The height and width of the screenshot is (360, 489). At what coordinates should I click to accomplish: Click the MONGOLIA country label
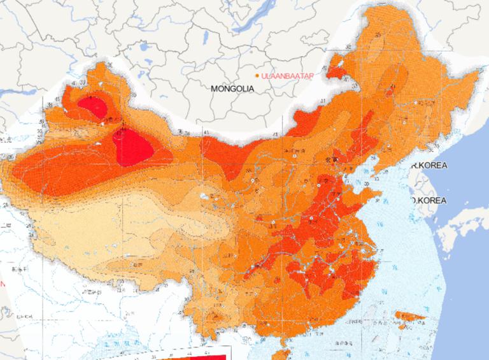tap(232, 89)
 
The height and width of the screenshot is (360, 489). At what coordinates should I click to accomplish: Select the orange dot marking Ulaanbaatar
tap(257, 76)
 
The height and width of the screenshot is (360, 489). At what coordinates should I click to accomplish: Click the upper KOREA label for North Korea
tap(430, 166)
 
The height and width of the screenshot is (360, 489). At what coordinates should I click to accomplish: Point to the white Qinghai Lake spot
tap(204, 196)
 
